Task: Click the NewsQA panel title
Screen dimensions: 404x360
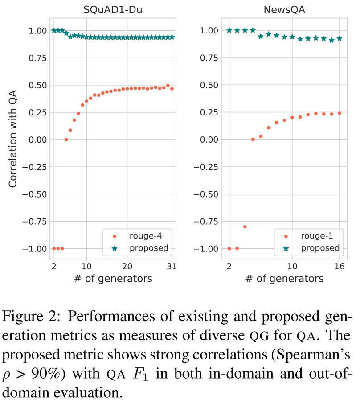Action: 284,9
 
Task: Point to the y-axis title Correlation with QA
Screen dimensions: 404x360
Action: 14,140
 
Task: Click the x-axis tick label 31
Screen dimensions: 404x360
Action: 172,267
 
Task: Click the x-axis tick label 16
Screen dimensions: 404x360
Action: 340,267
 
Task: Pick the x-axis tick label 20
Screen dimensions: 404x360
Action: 127,267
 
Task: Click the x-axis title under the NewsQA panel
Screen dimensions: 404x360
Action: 284,279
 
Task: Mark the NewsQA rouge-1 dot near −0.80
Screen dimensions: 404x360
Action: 245,227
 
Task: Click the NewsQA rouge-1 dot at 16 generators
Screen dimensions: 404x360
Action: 340,113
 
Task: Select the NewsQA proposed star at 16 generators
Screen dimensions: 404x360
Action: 340,38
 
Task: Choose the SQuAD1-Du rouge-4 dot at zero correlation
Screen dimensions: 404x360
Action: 66,140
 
